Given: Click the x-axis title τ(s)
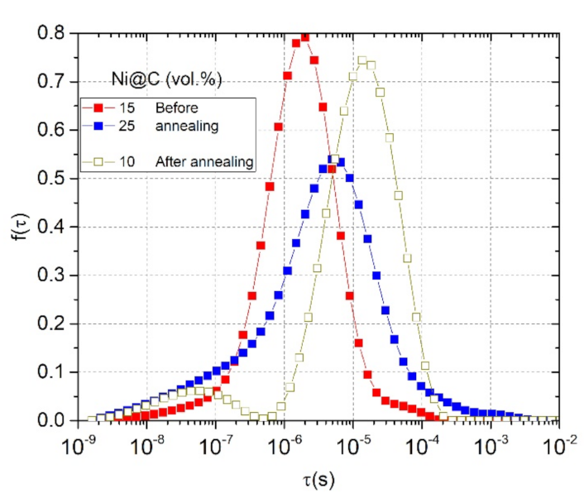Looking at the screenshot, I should pyautogui.click(x=319, y=477).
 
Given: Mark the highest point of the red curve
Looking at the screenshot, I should pyautogui.click(x=304, y=37).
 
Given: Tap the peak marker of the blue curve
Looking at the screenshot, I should pyautogui.click(x=333, y=159).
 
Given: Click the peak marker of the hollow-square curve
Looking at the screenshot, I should pyautogui.click(x=361, y=60).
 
